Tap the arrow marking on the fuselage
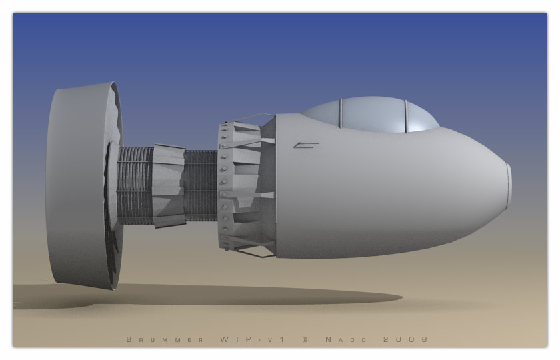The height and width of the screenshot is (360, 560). point(306,145)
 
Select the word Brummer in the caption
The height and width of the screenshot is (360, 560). point(165,339)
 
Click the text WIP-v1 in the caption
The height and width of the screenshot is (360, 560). point(252,339)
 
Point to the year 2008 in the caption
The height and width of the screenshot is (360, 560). point(405,339)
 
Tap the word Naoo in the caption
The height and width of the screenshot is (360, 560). point(346,339)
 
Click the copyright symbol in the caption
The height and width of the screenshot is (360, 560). point(305,339)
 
